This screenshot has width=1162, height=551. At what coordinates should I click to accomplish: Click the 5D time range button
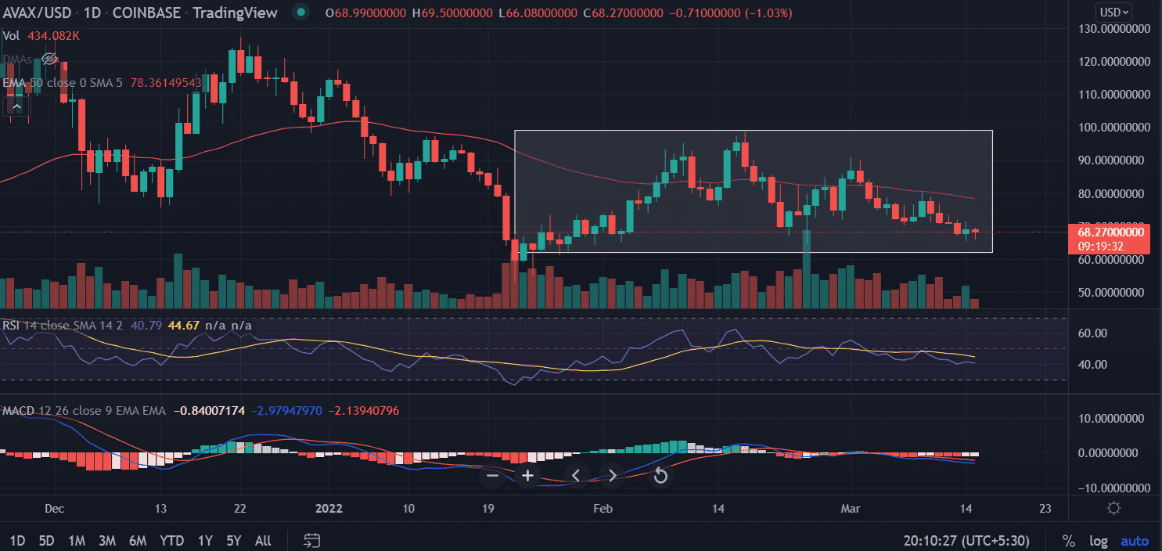pyautogui.click(x=46, y=541)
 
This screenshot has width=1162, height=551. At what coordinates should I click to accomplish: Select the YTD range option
pyautogui.click(x=171, y=541)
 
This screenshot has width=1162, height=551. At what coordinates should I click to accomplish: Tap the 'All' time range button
pyautogui.click(x=264, y=541)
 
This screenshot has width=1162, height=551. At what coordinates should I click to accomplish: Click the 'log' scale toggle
pyautogui.click(x=1098, y=541)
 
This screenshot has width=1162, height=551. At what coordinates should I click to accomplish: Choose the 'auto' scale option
pyautogui.click(x=1135, y=541)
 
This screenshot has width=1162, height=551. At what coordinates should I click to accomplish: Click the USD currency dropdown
pyautogui.click(x=1115, y=12)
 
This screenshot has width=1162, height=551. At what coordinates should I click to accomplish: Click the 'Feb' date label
pyautogui.click(x=603, y=508)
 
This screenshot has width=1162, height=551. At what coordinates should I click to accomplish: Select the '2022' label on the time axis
pyautogui.click(x=328, y=508)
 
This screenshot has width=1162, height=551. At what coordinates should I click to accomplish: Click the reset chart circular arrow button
pyautogui.click(x=660, y=475)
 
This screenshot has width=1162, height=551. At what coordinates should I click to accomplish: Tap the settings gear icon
pyautogui.click(x=1114, y=508)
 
